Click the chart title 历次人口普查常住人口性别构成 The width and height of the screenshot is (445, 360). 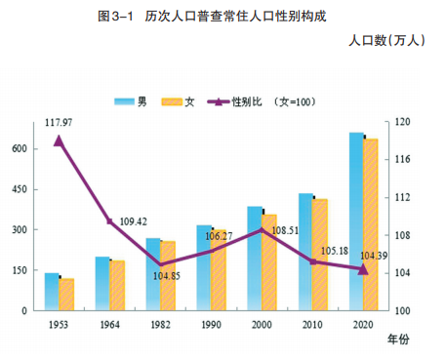tap(235, 16)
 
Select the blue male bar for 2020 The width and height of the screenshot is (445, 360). tap(356, 221)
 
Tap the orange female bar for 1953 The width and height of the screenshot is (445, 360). tap(66, 295)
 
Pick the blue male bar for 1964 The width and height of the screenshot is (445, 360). tap(102, 284)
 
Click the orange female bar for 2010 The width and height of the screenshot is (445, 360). tap(320, 255)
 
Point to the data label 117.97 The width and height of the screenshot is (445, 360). tap(59, 123)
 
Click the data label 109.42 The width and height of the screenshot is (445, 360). tap(134, 221)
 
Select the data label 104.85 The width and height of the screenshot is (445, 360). tap(167, 276)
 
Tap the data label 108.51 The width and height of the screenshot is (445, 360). tap(285, 230)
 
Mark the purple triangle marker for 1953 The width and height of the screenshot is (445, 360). tap(59, 141)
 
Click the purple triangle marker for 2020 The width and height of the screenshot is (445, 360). tap(363, 270)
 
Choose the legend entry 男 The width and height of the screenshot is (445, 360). tap(131, 101)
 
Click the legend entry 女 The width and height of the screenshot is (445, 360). tap(178, 101)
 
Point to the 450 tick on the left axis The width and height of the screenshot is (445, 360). tap(20, 189)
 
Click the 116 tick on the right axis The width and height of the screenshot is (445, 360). tap(402, 159)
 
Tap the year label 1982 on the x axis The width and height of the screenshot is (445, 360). tap(160, 325)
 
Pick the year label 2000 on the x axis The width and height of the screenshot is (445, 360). tap(262, 325)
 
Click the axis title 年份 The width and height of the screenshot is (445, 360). tap(398, 340)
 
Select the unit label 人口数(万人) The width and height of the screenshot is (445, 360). tap(386, 41)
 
